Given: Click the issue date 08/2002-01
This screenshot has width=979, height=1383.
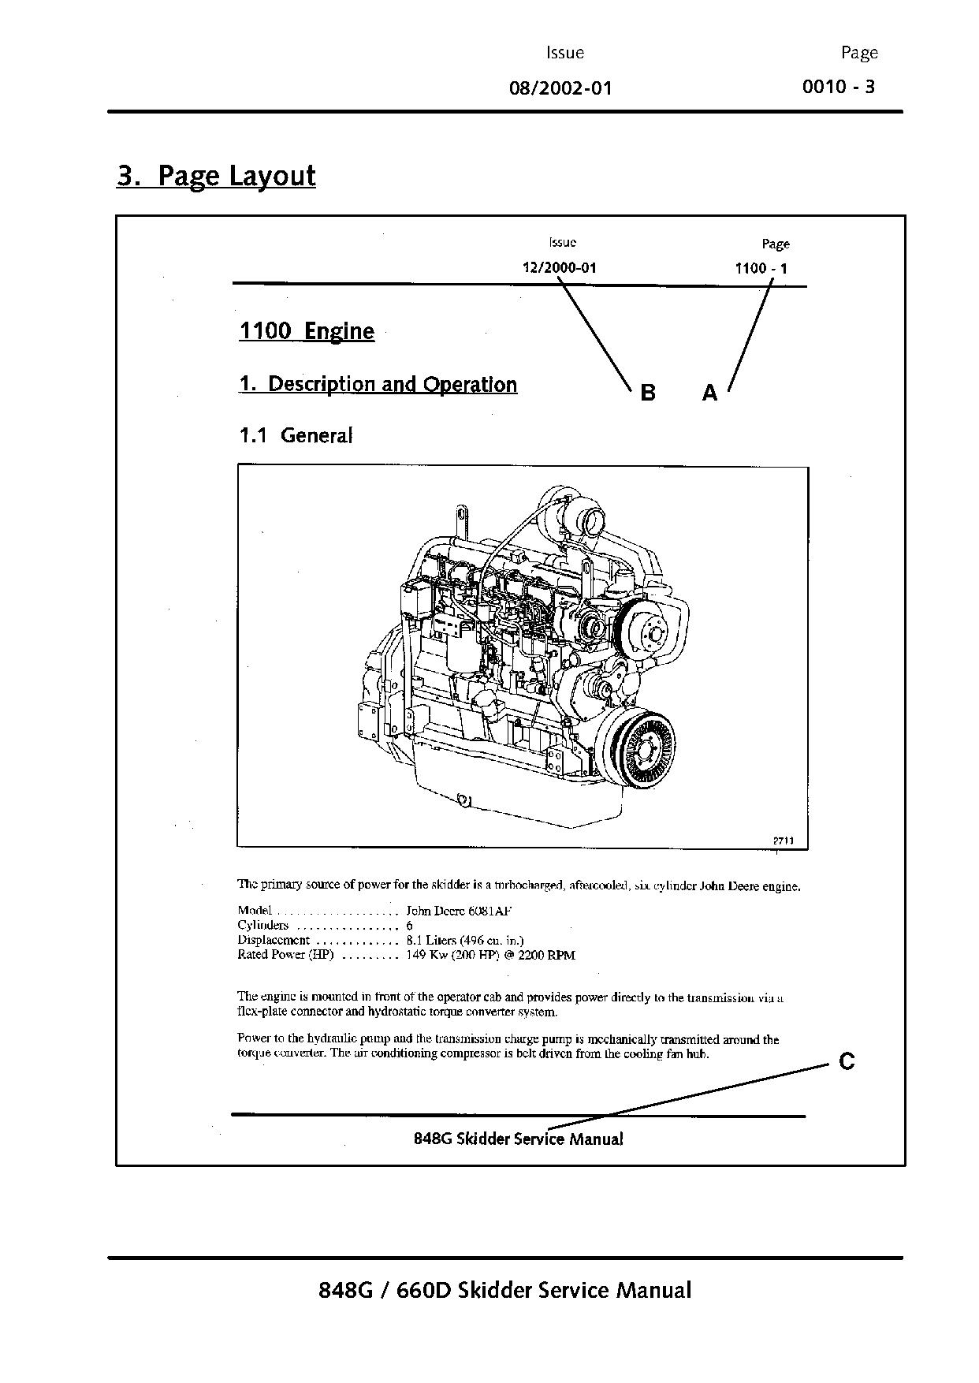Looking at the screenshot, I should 560,88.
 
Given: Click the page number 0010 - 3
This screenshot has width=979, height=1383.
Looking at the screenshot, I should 838,86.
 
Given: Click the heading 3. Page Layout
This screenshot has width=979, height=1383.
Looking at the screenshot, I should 216,175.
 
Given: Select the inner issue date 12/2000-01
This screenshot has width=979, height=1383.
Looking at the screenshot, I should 559,267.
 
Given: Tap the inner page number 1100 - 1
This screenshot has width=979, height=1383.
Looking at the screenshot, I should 760,268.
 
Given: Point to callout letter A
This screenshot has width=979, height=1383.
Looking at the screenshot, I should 709,392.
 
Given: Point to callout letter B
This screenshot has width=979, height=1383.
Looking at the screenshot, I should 647,392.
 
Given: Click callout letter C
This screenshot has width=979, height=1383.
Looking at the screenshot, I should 847,1061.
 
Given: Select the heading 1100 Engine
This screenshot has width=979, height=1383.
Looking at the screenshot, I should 306,330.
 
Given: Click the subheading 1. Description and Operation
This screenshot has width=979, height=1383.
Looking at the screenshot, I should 378,384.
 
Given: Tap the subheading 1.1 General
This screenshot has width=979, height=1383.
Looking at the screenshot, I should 296,434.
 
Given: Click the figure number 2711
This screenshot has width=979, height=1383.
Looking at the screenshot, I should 782,841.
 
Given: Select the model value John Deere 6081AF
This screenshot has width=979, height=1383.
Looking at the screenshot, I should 459,910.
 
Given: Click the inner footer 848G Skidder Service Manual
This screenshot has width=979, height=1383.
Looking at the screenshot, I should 518,1139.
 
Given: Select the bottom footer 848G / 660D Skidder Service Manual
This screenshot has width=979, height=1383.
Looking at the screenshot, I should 504,1290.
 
